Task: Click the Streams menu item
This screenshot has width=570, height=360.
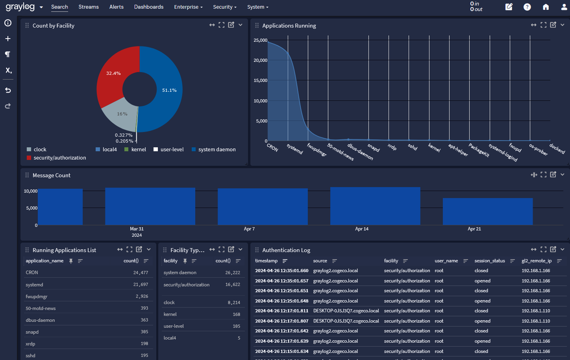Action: coord(89,7)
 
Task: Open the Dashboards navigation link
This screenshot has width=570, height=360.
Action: coord(148,7)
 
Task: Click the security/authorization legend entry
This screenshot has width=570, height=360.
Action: coord(59,158)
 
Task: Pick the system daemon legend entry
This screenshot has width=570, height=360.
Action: coord(217,150)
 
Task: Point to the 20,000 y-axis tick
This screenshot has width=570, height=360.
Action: coord(260,60)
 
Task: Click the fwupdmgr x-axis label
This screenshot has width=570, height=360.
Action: coord(317,150)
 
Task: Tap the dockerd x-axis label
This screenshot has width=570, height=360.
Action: coord(557,149)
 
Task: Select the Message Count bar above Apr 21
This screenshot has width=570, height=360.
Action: coord(488,212)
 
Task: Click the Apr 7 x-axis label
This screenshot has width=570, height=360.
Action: coord(249,229)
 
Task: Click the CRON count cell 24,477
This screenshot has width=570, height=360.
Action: coord(141,273)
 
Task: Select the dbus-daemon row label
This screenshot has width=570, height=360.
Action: coord(40,320)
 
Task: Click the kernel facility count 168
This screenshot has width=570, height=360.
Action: coord(236,314)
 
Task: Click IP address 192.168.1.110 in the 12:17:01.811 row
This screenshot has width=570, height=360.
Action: coord(536,311)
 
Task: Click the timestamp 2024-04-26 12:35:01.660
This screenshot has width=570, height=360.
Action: coord(281,271)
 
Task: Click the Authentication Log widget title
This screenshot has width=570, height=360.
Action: coord(286,250)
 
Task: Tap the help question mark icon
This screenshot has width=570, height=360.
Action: coord(527,7)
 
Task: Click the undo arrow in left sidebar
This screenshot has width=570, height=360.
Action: coord(8,90)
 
